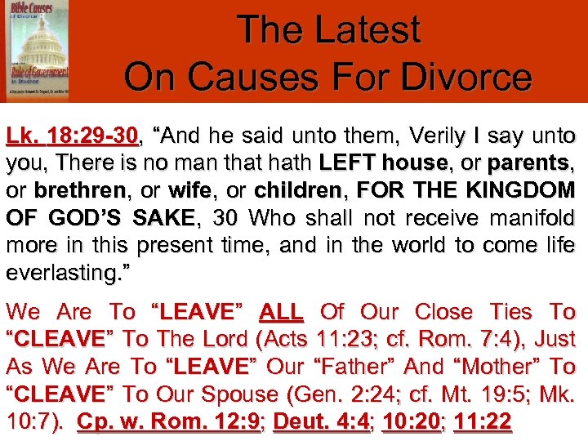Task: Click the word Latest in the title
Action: point(367,30)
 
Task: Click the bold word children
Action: point(296,190)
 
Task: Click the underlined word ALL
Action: point(281,312)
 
